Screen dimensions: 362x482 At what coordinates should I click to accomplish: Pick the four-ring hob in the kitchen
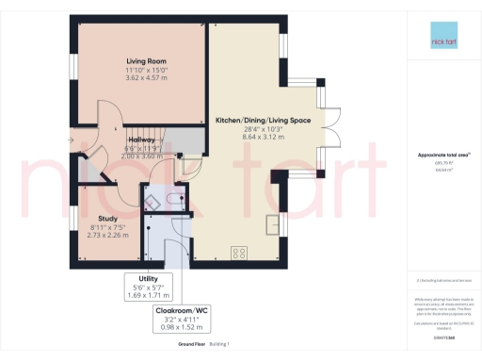[x=239, y=252]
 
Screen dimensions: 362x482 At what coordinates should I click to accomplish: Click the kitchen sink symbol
[x=272, y=224]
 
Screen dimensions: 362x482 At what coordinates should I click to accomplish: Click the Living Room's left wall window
[x=72, y=68]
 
